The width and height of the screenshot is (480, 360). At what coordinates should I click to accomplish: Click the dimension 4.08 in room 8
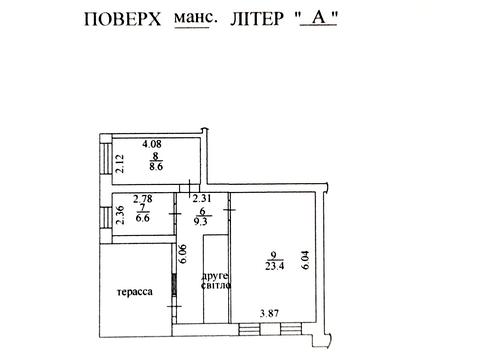151,143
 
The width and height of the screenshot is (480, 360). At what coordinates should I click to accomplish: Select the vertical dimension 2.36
120,216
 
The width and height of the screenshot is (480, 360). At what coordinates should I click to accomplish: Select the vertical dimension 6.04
307,262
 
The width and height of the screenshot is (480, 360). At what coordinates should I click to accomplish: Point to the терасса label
132,293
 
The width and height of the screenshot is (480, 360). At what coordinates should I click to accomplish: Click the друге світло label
215,279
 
